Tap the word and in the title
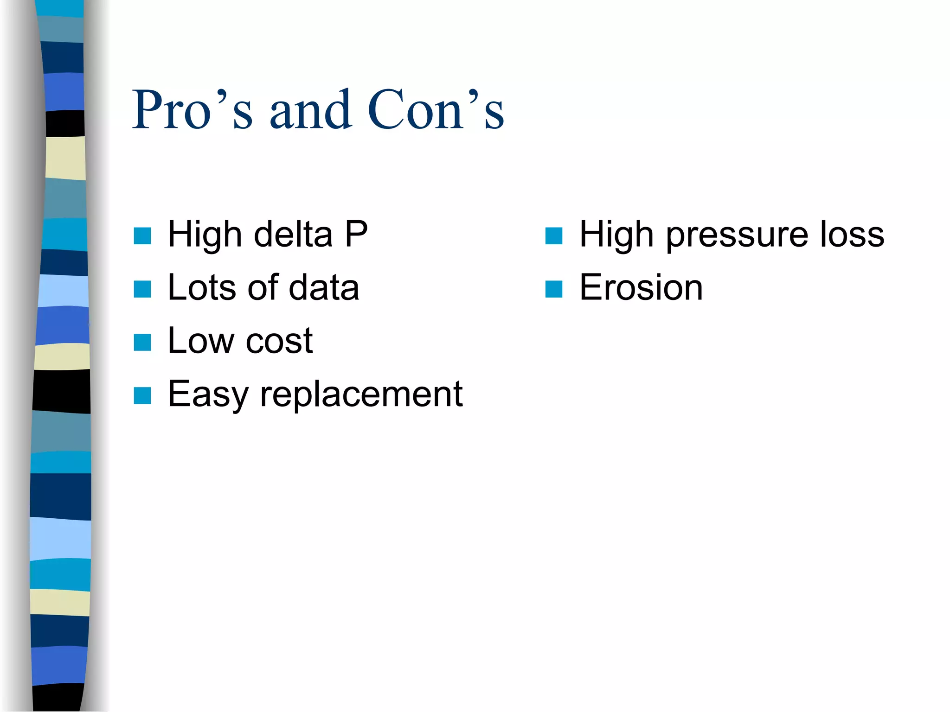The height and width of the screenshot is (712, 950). pos(310,110)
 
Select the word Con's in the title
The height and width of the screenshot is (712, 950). pos(436,110)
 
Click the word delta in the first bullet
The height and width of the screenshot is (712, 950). pos(293,234)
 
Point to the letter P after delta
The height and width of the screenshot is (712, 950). pos(356,234)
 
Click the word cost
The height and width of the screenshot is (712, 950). pos(279,342)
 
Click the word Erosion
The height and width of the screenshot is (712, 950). pos(641,287)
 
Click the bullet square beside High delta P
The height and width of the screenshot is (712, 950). pos(142,236)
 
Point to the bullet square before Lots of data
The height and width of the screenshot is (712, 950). pos(142,289)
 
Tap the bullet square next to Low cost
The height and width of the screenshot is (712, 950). pos(142,343)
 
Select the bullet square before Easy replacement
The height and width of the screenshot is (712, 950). pos(142,396)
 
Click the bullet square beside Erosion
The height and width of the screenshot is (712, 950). pos(554,289)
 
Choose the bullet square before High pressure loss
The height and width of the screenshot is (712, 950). pos(554,236)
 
